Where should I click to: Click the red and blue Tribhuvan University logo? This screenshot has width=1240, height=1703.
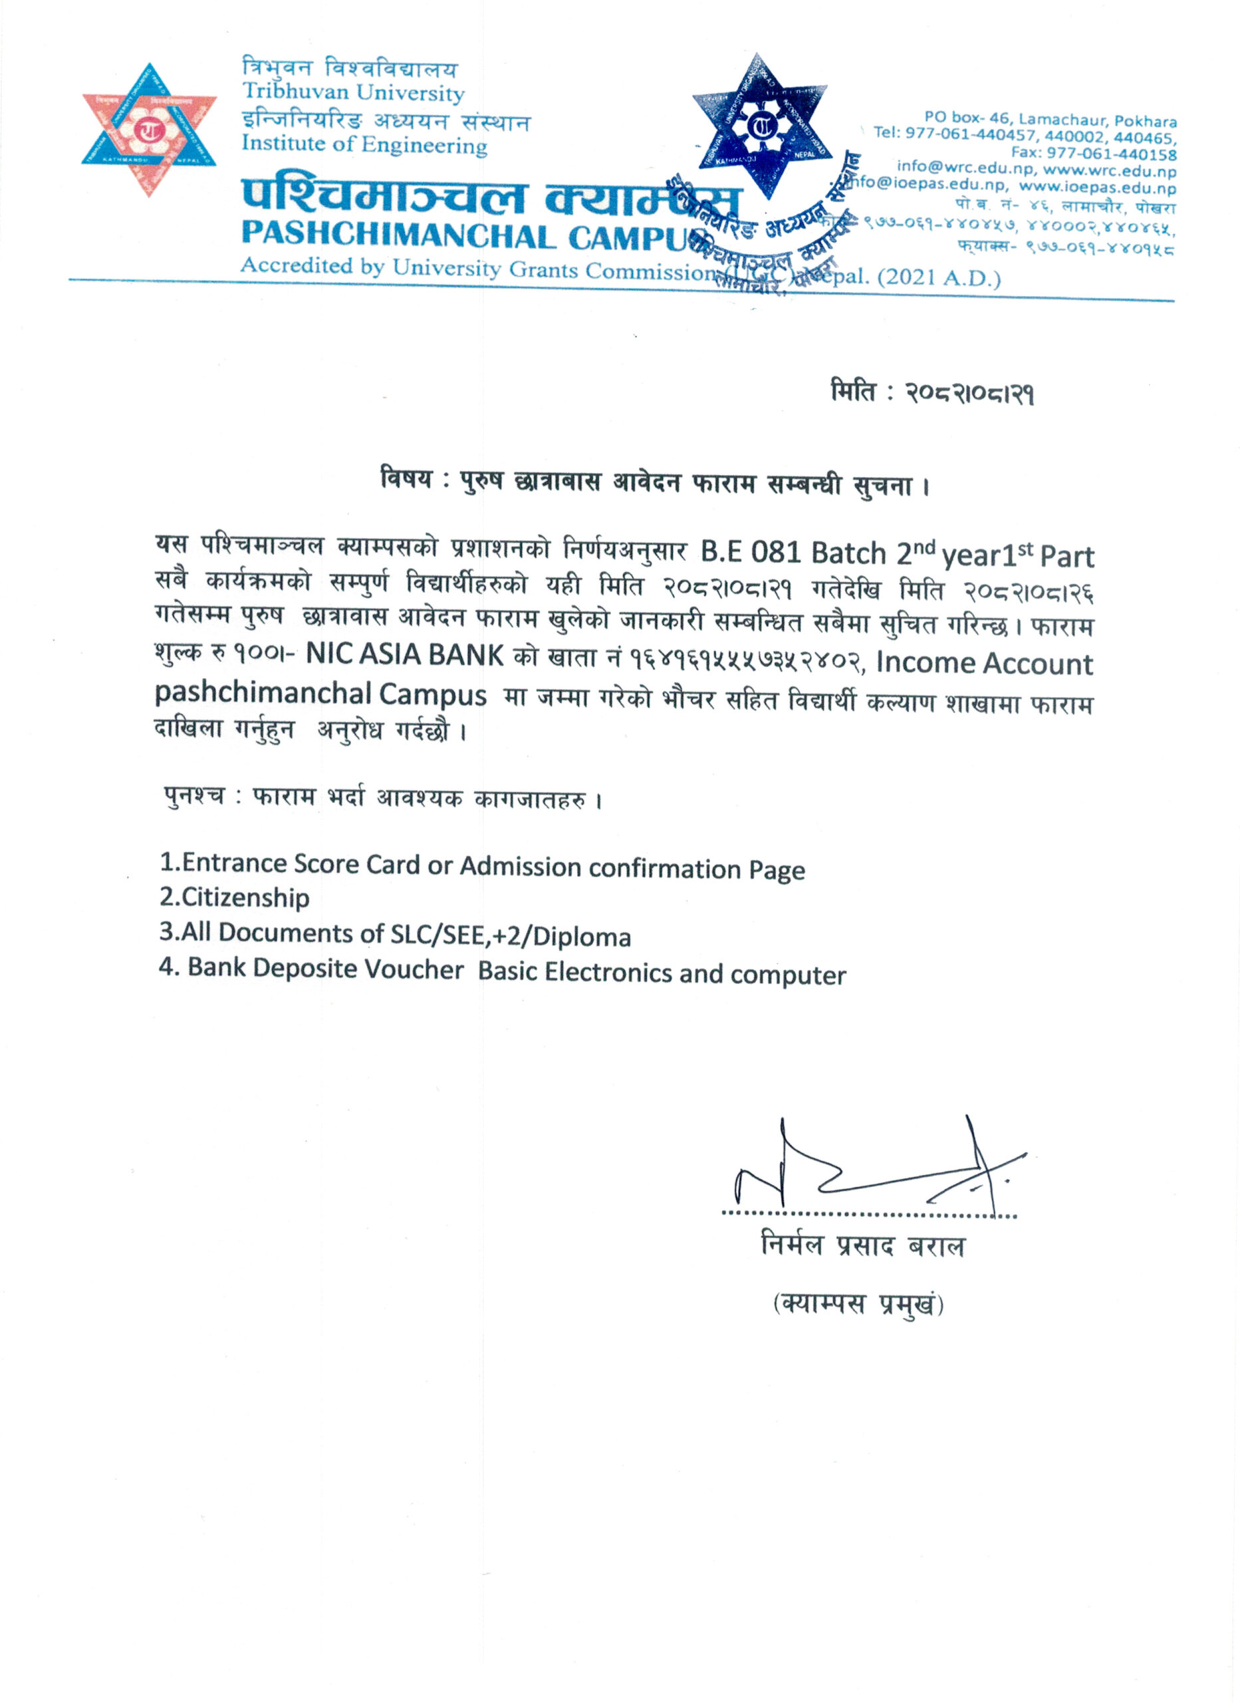[x=149, y=130]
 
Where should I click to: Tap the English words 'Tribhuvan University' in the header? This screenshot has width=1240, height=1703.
[x=353, y=93]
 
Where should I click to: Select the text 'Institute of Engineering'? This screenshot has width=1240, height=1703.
[x=364, y=144]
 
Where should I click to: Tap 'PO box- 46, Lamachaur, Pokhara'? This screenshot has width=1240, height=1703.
[x=1050, y=119]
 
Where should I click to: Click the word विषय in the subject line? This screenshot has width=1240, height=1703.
[x=406, y=478]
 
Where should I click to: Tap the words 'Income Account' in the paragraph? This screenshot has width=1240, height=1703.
[x=984, y=664]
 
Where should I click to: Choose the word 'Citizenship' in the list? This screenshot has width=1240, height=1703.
[x=245, y=897]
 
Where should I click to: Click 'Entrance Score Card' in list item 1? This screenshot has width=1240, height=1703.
[x=301, y=863]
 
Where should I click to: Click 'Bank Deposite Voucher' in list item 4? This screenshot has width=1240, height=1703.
[x=326, y=969]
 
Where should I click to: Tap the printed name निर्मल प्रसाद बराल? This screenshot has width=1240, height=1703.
[x=862, y=1246]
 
